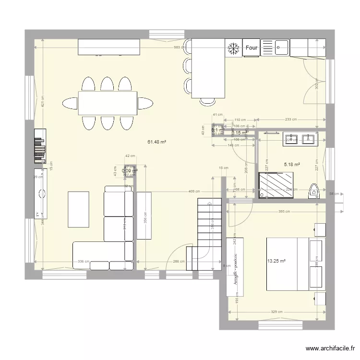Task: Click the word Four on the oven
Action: click(252, 48)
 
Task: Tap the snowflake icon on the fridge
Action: click(234, 48)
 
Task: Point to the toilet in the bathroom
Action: click(314, 191)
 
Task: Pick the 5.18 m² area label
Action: click(292, 164)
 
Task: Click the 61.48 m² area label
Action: click(157, 142)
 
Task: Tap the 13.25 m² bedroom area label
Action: click(276, 261)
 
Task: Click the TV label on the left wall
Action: click(36, 213)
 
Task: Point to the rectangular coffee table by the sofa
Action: click(79, 209)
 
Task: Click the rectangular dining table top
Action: click(108, 103)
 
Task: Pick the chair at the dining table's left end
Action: click(70, 103)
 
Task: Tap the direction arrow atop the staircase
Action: click(209, 203)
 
